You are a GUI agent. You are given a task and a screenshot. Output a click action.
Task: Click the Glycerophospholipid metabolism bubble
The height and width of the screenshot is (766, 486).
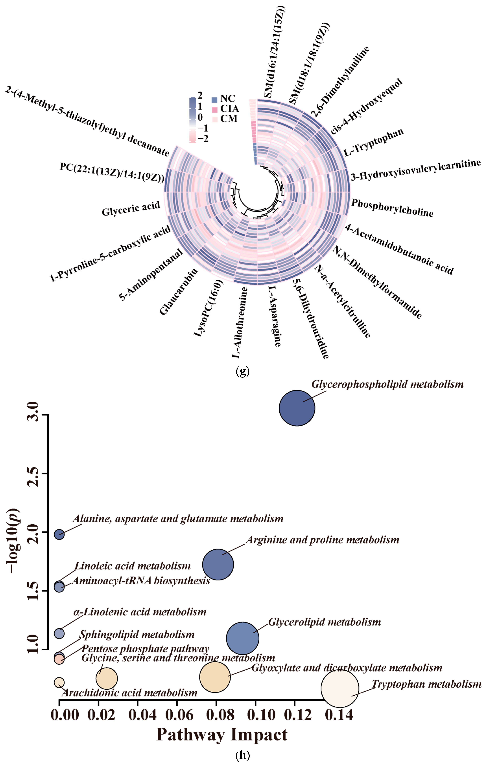pyautogui.click(x=297, y=408)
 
